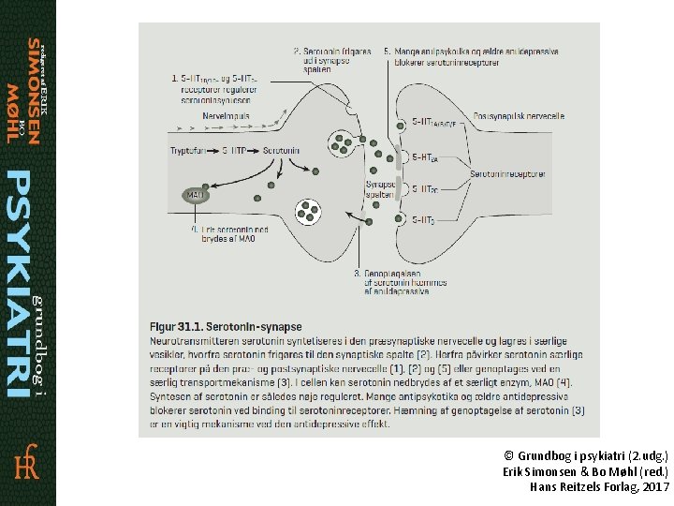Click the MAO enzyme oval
[196, 195]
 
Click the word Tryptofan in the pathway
[191, 150]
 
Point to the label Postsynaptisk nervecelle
[519, 116]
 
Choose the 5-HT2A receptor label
[424, 157]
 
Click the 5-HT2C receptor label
[424, 188]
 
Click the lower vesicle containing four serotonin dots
[308, 212]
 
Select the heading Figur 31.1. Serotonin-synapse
[226, 326]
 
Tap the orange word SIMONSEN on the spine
[34, 91]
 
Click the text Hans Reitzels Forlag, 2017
[599, 487]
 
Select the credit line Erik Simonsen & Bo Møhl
[586, 470]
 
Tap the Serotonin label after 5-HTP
[281, 150]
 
